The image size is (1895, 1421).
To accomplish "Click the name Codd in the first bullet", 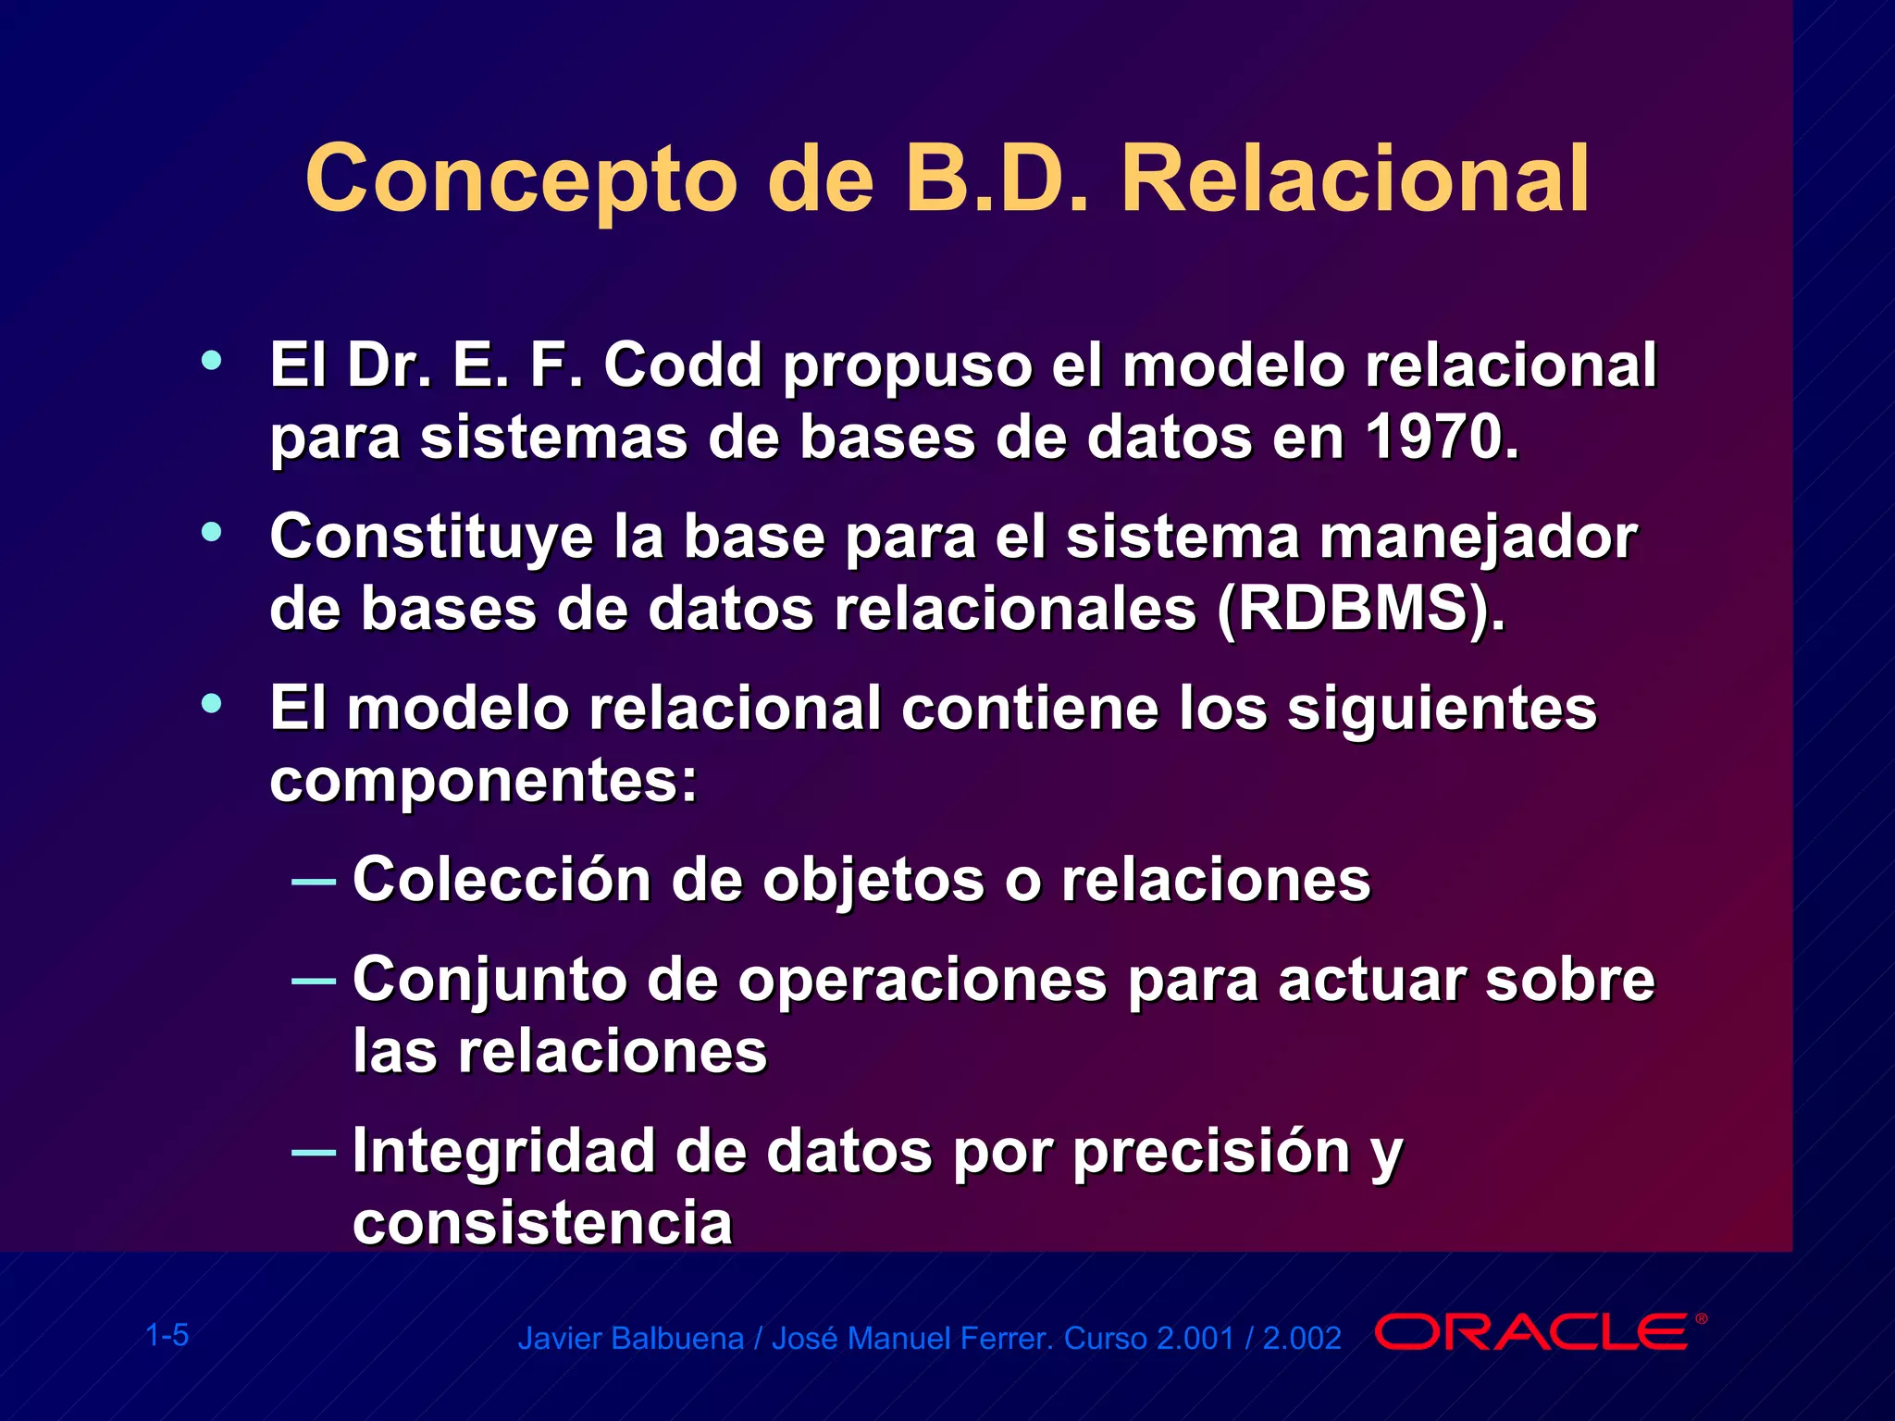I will click(x=683, y=365).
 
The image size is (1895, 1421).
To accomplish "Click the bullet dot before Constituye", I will click(x=212, y=532).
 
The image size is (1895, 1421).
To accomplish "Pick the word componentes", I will click(x=481, y=782).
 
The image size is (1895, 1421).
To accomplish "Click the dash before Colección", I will click(x=313, y=882).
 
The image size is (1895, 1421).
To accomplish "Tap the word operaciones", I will click(x=922, y=980).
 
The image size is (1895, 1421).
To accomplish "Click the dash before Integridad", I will click(x=313, y=1153).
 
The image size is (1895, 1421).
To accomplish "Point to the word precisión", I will click(x=1211, y=1153).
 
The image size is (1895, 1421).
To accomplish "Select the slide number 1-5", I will click(x=167, y=1335).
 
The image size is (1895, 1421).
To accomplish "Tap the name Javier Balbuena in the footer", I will click(x=630, y=1339).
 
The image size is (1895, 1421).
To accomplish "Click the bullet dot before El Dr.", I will click(x=212, y=361).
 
